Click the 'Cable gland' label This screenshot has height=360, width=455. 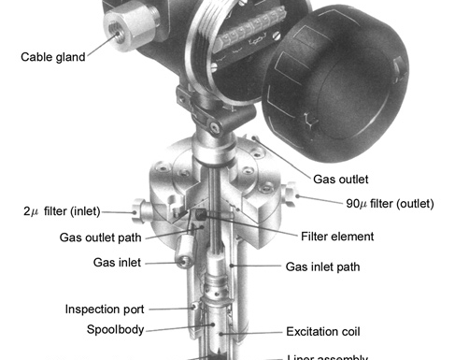(x=52, y=56)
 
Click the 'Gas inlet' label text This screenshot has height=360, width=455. (x=117, y=263)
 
